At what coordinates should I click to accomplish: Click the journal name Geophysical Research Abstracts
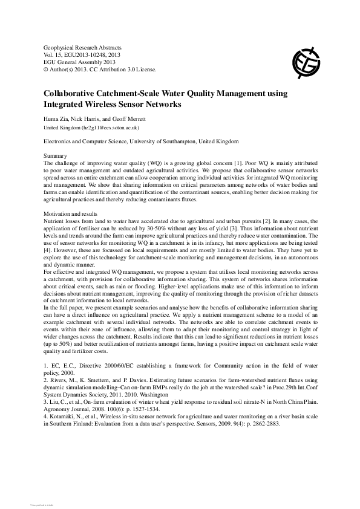(83, 47)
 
